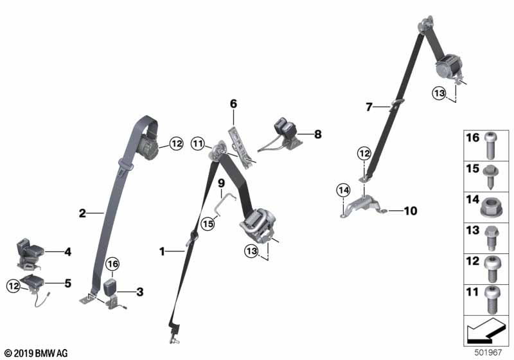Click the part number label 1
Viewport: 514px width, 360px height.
(x=163, y=251)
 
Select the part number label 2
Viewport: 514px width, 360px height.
(x=82, y=213)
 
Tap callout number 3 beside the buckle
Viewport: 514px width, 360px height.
(x=140, y=292)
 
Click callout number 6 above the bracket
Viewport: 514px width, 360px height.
(x=234, y=103)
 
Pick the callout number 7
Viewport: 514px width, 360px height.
(x=369, y=107)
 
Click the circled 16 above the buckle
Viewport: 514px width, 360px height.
(x=112, y=264)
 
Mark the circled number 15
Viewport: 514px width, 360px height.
(x=208, y=224)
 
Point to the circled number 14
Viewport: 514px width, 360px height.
(x=342, y=190)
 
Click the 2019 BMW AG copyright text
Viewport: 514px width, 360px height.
(x=35, y=353)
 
